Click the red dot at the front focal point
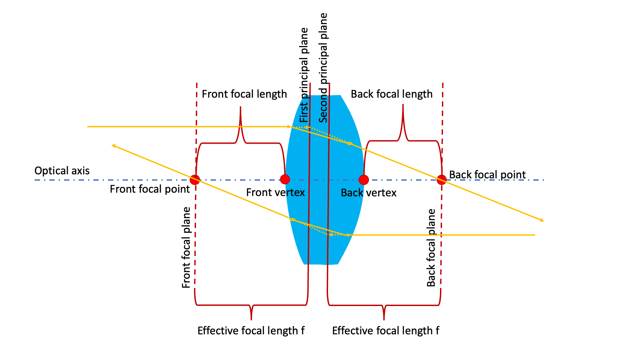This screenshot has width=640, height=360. [x=195, y=180]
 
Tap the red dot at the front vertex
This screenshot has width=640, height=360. [x=285, y=179]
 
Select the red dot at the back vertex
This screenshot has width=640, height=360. [x=364, y=180]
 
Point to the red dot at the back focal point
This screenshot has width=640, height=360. [x=442, y=180]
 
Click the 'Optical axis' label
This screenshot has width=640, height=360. [x=62, y=171]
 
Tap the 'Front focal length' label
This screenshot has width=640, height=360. [x=244, y=94]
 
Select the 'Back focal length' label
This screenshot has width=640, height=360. [x=392, y=94]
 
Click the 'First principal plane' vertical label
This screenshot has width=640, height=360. [x=304, y=75]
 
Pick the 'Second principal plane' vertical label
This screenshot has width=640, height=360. [x=323, y=68]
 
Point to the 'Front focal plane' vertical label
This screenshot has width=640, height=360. [x=186, y=247]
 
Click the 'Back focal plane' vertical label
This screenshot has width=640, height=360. [x=431, y=248]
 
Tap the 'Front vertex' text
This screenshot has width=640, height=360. [x=275, y=192]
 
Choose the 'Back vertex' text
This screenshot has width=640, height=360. [x=369, y=193]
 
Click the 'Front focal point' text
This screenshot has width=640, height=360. [x=150, y=189]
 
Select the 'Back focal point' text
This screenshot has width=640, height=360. [x=487, y=175]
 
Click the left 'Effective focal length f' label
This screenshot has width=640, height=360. [x=251, y=331]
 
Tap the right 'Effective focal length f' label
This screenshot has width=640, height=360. [x=386, y=331]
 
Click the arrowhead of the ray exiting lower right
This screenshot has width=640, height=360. [x=542, y=220]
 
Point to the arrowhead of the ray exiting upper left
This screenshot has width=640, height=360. [x=113, y=146]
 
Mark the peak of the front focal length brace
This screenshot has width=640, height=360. [x=240, y=108]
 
